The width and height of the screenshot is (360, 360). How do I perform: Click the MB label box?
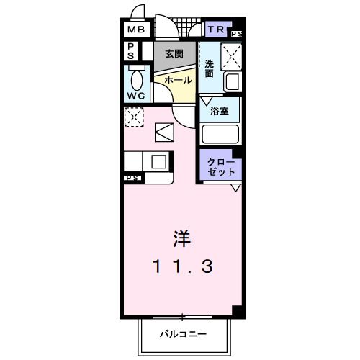click(x=136, y=30)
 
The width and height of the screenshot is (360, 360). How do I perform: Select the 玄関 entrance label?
click(x=174, y=53)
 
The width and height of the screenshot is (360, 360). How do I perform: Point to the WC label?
click(x=136, y=95)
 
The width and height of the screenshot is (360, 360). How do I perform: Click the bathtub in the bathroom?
click(x=220, y=134)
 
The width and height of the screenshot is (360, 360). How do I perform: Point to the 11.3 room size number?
click(x=181, y=268)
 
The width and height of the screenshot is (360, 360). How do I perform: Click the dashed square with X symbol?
click(x=133, y=117)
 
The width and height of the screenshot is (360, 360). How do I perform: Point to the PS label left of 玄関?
click(x=132, y=51)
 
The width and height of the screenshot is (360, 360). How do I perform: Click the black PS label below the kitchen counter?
click(x=132, y=177)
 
